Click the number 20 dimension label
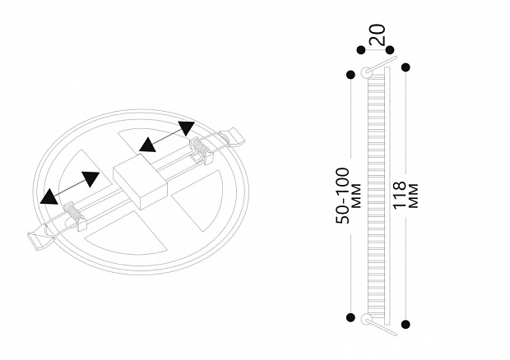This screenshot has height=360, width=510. (x=378, y=35)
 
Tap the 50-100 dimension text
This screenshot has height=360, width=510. (x=343, y=196)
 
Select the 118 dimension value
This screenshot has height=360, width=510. (x=400, y=195)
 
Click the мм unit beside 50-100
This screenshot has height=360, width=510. (x=357, y=196)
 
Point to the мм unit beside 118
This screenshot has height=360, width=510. (x=413, y=196)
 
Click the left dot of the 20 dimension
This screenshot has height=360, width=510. (x=361, y=50)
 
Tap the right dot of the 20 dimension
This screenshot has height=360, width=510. (x=390, y=50)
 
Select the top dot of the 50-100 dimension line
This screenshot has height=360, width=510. (x=350, y=75)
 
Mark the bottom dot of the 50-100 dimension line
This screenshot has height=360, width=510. (x=350, y=317)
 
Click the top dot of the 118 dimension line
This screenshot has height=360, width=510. (x=406, y=67)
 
